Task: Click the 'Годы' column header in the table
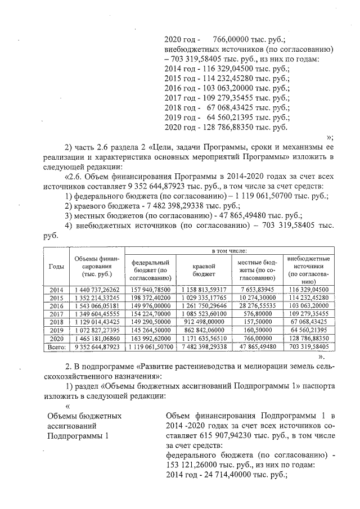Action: [56, 266]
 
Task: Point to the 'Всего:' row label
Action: [56, 348]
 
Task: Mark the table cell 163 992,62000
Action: [150, 340]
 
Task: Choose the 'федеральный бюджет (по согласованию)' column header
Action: [150, 270]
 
